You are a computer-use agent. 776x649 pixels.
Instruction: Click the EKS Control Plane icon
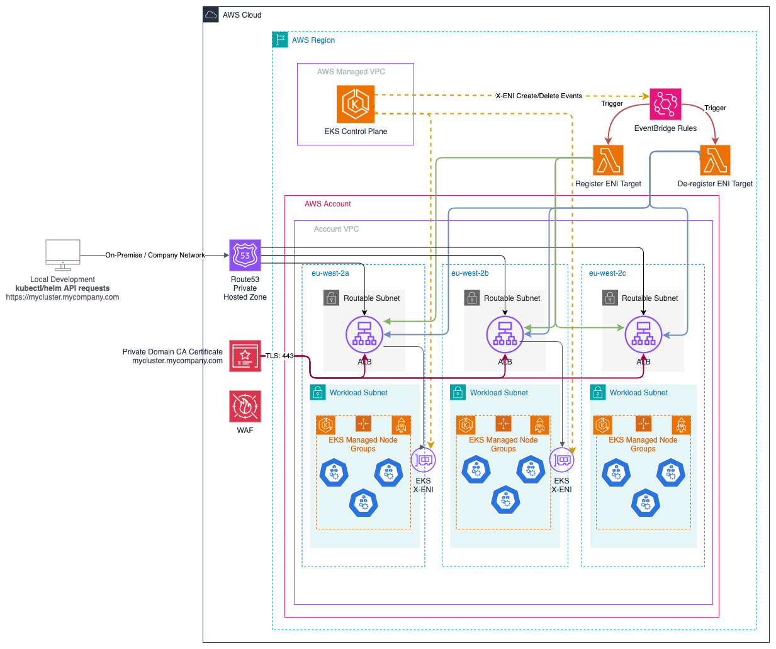point(355,104)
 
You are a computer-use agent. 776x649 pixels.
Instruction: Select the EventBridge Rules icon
point(665,104)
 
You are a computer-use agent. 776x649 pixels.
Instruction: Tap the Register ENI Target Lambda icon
point(607,160)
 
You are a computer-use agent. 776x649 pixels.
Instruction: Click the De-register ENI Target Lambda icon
point(715,160)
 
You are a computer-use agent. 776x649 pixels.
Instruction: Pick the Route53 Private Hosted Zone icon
point(245,255)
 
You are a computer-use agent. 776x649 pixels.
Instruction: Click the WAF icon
point(245,406)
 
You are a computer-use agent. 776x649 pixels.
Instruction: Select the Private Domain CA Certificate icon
point(245,356)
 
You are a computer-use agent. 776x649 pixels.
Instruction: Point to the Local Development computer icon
point(63,255)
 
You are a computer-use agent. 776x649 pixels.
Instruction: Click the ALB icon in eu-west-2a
point(364,334)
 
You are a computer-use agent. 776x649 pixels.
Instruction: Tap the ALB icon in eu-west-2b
point(505,334)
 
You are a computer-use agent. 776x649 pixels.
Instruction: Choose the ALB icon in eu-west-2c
point(643,334)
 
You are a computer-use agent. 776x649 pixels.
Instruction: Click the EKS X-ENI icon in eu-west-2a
point(423,460)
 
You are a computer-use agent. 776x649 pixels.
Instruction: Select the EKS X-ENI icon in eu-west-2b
point(561,460)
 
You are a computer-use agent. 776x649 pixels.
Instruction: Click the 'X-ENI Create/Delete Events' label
point(539,96)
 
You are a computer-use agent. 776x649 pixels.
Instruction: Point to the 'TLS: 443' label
point(279,356)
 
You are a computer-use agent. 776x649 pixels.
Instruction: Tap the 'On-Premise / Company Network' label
point(155,255)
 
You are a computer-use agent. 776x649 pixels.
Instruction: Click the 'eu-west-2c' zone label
point(607,273)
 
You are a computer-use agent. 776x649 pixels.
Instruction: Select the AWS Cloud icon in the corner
point(211,14)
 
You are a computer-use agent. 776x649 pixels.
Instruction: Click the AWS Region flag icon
point(280,40)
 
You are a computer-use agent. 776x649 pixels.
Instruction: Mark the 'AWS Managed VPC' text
point(351,71)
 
